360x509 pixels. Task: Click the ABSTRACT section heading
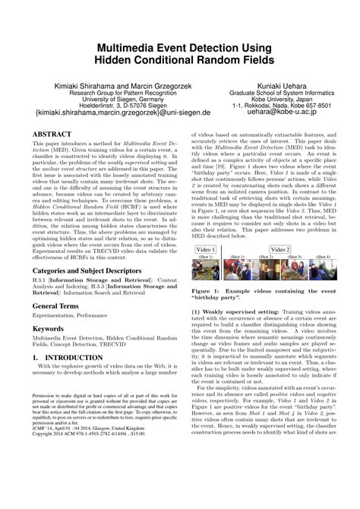(55, 131)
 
